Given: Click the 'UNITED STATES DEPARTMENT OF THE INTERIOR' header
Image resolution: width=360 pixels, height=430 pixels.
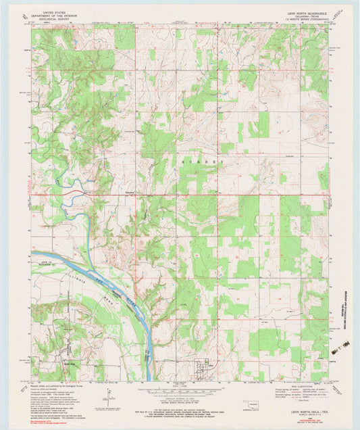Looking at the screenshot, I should pyautogui.click(x=59, y=15).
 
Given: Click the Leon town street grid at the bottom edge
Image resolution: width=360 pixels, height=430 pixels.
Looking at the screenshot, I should pyautogui.click(x=203, y=368).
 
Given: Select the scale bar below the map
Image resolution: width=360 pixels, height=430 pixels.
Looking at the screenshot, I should pyautogui.click(x=181, y=388).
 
